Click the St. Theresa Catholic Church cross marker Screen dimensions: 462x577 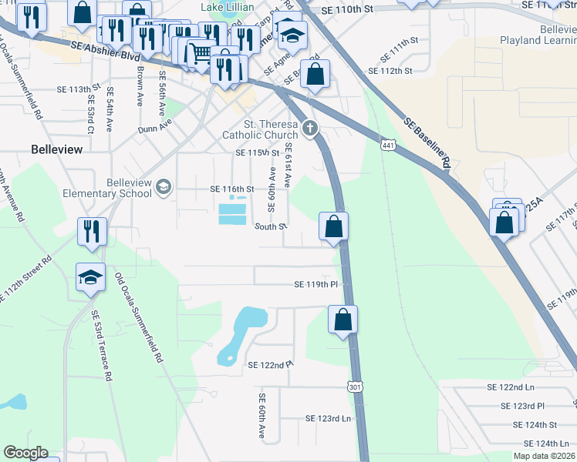tap(310, 129)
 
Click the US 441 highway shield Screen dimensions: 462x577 tap(388, 144)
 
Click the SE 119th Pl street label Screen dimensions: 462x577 tap(316, 284)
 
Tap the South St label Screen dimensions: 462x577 tap(271, 227)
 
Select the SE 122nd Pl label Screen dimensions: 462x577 tap(271, 364)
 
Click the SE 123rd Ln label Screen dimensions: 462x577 tap(329, 419)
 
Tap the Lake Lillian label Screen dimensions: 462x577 tap(226, 7)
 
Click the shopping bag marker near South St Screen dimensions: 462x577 tap(334, 227)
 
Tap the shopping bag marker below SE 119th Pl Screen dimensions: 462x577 tap(342, 320)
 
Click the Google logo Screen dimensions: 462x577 tap(25, 453)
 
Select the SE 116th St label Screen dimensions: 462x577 tap(232, 189)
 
